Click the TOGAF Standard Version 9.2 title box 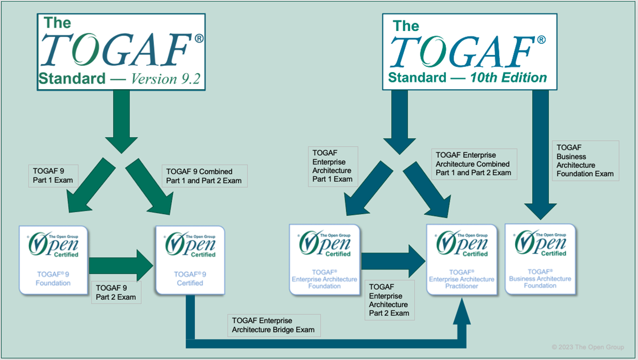coord(121,51)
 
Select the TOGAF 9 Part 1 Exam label coord(50,176)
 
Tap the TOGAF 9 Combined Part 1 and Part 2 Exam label coord(204,176)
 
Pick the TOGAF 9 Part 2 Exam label coord(116,292)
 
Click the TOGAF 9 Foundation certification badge coord(53,259)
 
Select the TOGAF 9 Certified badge coord(189,259)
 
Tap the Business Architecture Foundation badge coord(540,259)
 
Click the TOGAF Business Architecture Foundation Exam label coord(585,161)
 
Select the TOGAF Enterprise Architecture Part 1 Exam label coord(333,166)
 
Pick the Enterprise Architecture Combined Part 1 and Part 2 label coord(474,163)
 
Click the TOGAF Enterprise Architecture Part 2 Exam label coord(389,300)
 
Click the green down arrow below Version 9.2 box coord(121,122)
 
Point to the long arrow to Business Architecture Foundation coord(540,155)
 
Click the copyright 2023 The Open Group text coord(587,347)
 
